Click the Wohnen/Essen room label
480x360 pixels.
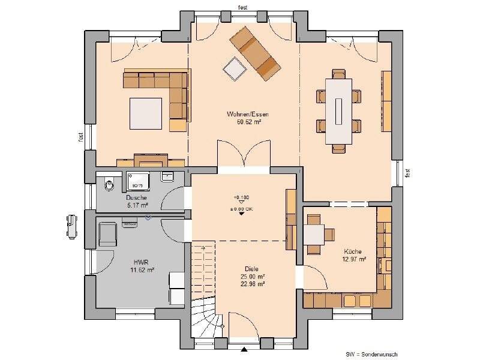pos(247,114)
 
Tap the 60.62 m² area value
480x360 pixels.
pos(247,121)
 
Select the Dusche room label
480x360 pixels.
pos(136,197)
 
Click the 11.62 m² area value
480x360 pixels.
pos(142,270)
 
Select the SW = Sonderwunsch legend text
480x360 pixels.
pos(371,354)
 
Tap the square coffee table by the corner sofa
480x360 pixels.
pos(146,113)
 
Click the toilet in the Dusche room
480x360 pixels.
pos(109,184)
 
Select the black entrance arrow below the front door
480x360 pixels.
pos(244,349)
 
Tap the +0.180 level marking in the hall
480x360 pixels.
pos(241,197)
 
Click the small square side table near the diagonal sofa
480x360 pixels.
pos(235,68)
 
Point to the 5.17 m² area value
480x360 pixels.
pos(136,205)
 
